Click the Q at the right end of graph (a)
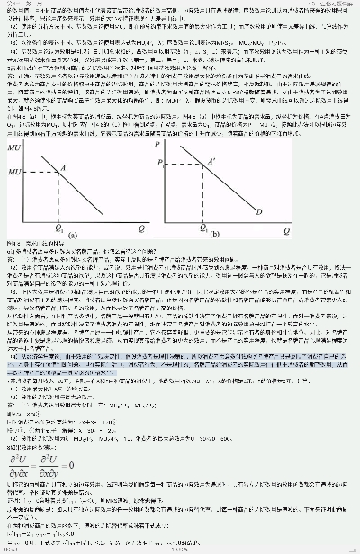coord(142,228)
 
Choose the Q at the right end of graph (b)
coord(285,228)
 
